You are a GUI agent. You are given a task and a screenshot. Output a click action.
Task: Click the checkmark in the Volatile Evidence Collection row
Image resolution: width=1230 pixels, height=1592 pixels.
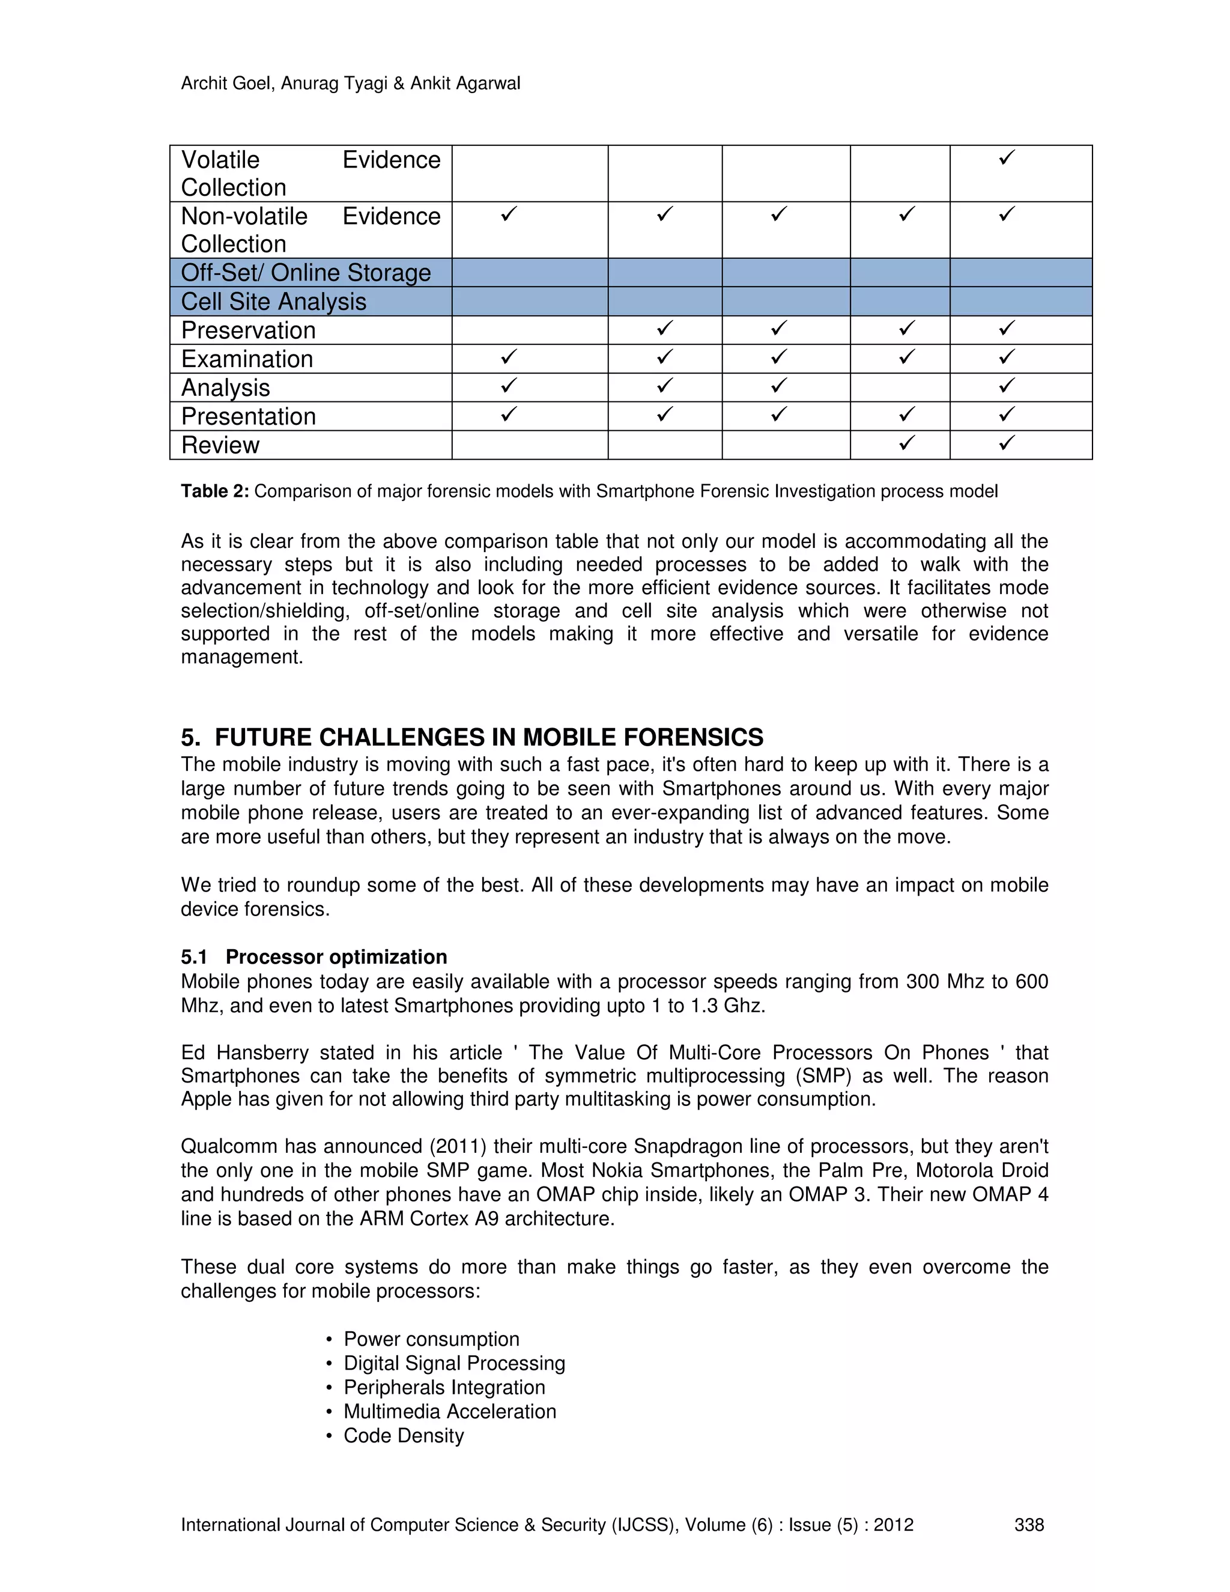[1007, 157]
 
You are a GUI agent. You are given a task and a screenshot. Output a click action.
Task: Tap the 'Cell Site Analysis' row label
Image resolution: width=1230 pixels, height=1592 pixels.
[273, 302]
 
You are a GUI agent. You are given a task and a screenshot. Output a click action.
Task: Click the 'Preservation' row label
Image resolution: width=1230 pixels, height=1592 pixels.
[248, 330]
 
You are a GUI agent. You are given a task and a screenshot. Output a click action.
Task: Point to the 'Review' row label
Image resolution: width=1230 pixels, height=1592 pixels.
[219, 445]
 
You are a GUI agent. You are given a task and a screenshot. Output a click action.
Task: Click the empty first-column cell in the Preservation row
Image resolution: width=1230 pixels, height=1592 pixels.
[529, 330]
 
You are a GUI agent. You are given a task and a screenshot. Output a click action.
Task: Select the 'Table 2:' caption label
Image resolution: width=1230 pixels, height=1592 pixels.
[214, 491]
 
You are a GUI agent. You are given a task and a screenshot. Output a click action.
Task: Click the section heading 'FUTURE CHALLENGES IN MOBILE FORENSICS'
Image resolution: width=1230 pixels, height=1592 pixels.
[488, 738]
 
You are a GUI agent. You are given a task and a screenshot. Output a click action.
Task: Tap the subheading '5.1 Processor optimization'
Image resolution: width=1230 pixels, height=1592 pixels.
[314, 957]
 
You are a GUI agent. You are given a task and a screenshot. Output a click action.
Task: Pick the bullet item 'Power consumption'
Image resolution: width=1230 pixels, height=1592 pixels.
[431, 1339]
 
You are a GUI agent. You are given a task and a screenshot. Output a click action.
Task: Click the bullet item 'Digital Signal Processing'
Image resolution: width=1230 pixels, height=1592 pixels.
[454, 1363]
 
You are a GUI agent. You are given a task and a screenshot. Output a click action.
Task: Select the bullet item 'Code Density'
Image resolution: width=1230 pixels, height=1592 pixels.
[403, 1435]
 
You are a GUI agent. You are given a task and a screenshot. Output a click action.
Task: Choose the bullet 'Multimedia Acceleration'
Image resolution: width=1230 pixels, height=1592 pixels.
[450, 1411]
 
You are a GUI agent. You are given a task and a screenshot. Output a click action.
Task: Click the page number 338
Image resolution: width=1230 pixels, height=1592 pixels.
[1029, 1525]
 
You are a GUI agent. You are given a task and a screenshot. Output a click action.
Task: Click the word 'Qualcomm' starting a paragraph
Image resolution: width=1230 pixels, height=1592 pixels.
[228, 1147]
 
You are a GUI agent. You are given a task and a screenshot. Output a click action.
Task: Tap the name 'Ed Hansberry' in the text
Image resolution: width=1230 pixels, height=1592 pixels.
[245, 1053]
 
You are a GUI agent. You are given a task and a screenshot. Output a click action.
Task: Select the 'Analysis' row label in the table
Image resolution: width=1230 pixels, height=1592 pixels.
[225, 388]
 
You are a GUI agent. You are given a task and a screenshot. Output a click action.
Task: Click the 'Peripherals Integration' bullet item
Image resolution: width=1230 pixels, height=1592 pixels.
[444, 1387]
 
